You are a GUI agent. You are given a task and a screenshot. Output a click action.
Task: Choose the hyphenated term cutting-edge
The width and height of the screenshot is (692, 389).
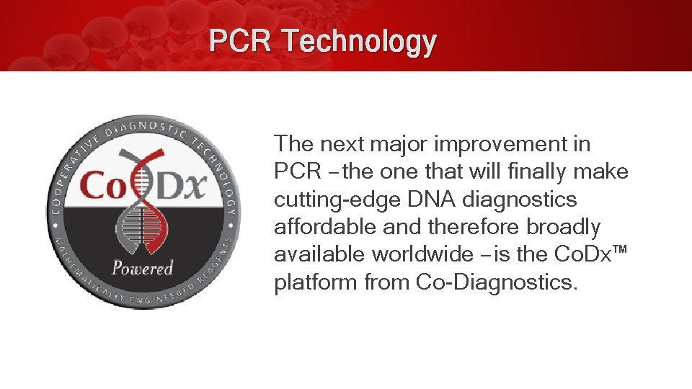tap(334, 200)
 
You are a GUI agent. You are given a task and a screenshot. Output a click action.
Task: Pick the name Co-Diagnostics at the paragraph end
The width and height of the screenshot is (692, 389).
tap(497, 282)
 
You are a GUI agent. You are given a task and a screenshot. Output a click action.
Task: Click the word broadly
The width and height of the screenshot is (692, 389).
tap(564, 227)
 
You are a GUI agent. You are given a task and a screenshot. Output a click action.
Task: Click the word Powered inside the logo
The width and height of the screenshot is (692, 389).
tap(143, 268)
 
